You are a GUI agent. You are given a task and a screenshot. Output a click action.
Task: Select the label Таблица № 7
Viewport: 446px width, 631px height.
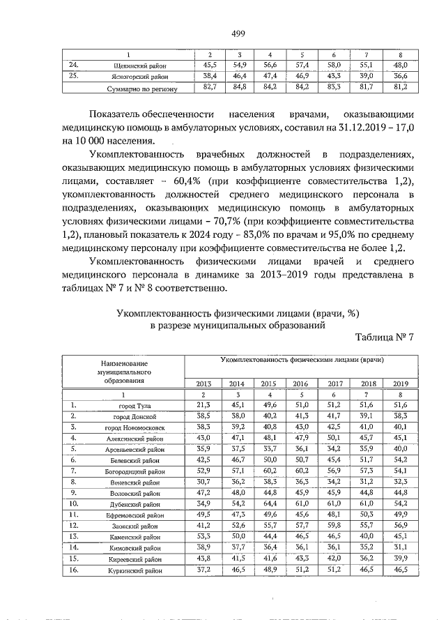pos(385,337)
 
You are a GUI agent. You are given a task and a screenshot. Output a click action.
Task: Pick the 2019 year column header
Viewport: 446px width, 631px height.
pos(400,383)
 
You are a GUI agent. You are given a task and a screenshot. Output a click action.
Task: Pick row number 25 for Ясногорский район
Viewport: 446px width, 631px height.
pos(73,77)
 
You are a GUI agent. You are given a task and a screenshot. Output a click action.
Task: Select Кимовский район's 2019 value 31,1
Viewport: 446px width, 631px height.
pos(400,547)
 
